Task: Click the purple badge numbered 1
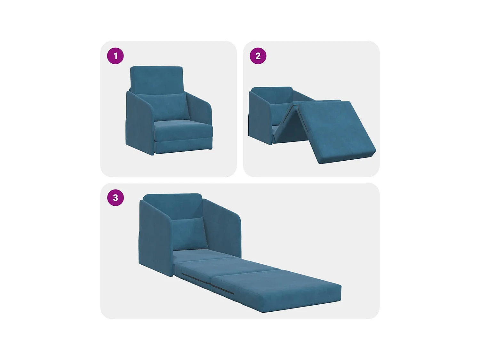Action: (115, 56)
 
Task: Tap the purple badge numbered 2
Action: (258, 56)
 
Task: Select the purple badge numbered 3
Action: (115, 198)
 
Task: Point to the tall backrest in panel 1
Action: (156, 78)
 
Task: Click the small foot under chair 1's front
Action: (209, 149)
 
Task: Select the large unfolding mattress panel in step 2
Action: (334, 131)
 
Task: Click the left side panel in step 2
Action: (259, 118)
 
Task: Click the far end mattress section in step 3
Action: (278, 288)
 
